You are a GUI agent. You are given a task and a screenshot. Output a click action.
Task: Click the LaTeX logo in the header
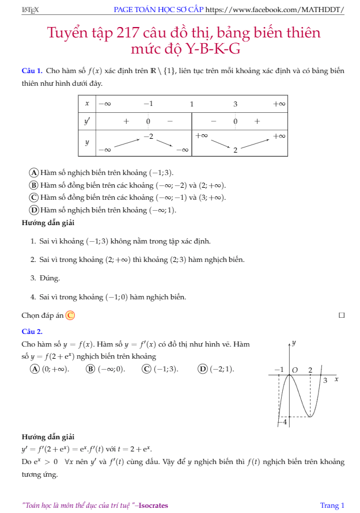click(29, 10)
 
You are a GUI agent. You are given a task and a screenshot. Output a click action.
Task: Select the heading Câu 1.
click(32, 71)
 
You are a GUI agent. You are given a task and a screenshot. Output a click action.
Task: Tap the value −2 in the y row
click(148, 135)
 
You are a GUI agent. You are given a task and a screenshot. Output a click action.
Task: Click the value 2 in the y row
click(235, 150)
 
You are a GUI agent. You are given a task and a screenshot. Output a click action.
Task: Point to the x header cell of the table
click(87, 104)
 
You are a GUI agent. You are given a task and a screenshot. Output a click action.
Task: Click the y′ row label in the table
click(87, 121)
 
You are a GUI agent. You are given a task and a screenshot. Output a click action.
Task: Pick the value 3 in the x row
click(235, 104)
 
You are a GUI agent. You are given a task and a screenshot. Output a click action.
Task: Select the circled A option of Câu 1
click(34, 172)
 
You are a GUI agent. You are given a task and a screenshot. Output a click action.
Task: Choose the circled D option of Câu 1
click(34, 210)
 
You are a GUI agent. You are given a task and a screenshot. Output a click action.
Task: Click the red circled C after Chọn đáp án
click(70, 315)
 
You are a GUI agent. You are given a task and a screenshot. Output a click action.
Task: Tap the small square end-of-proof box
click(342, 315)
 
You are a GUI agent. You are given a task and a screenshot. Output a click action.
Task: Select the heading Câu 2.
click(32, 331)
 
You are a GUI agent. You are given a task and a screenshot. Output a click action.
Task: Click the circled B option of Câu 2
click(90, 368)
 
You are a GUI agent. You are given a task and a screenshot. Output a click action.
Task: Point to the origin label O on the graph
click(294, 370)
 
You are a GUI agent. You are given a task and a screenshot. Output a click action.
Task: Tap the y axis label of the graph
click(294, 343)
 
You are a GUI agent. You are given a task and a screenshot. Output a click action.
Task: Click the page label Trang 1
click(332, 505)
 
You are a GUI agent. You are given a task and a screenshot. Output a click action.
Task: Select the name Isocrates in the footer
click(153, 505)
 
